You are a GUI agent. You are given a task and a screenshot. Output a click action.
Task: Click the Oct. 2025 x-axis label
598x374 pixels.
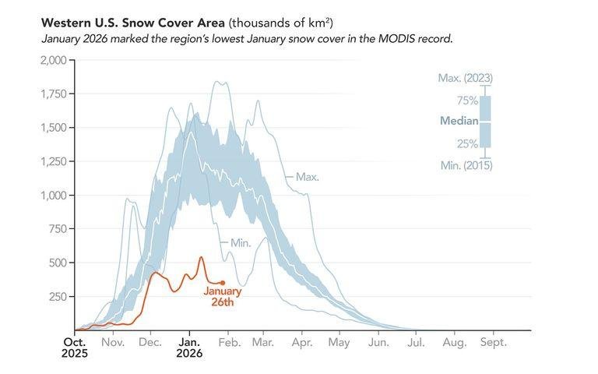[75, 348]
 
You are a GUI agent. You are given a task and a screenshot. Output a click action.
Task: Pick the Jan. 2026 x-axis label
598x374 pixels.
[189, 348]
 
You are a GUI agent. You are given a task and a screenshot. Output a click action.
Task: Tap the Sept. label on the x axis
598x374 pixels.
[493, 342]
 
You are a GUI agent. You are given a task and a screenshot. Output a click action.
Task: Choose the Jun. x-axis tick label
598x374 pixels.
[378, 342]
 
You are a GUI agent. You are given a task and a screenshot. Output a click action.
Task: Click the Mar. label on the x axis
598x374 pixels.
[262, 342]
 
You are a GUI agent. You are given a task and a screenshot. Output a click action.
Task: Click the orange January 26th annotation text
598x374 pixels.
[223, 297]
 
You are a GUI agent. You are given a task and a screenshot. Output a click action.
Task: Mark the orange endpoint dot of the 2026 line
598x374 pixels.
[223, 283]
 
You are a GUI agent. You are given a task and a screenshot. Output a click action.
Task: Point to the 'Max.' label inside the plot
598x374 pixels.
[308, 178]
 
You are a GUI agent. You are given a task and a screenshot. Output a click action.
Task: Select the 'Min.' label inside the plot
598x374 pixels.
[240, 243]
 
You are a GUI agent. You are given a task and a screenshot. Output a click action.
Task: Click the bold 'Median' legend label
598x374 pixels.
[459, 121]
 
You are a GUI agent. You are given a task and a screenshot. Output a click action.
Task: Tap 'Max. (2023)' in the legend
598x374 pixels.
[465, 78]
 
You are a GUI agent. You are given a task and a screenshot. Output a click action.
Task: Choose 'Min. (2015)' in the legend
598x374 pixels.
[466, 165]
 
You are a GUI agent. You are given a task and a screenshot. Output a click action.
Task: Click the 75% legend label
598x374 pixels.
[466, 100]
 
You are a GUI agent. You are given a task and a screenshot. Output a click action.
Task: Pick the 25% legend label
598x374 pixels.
[466, 143]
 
